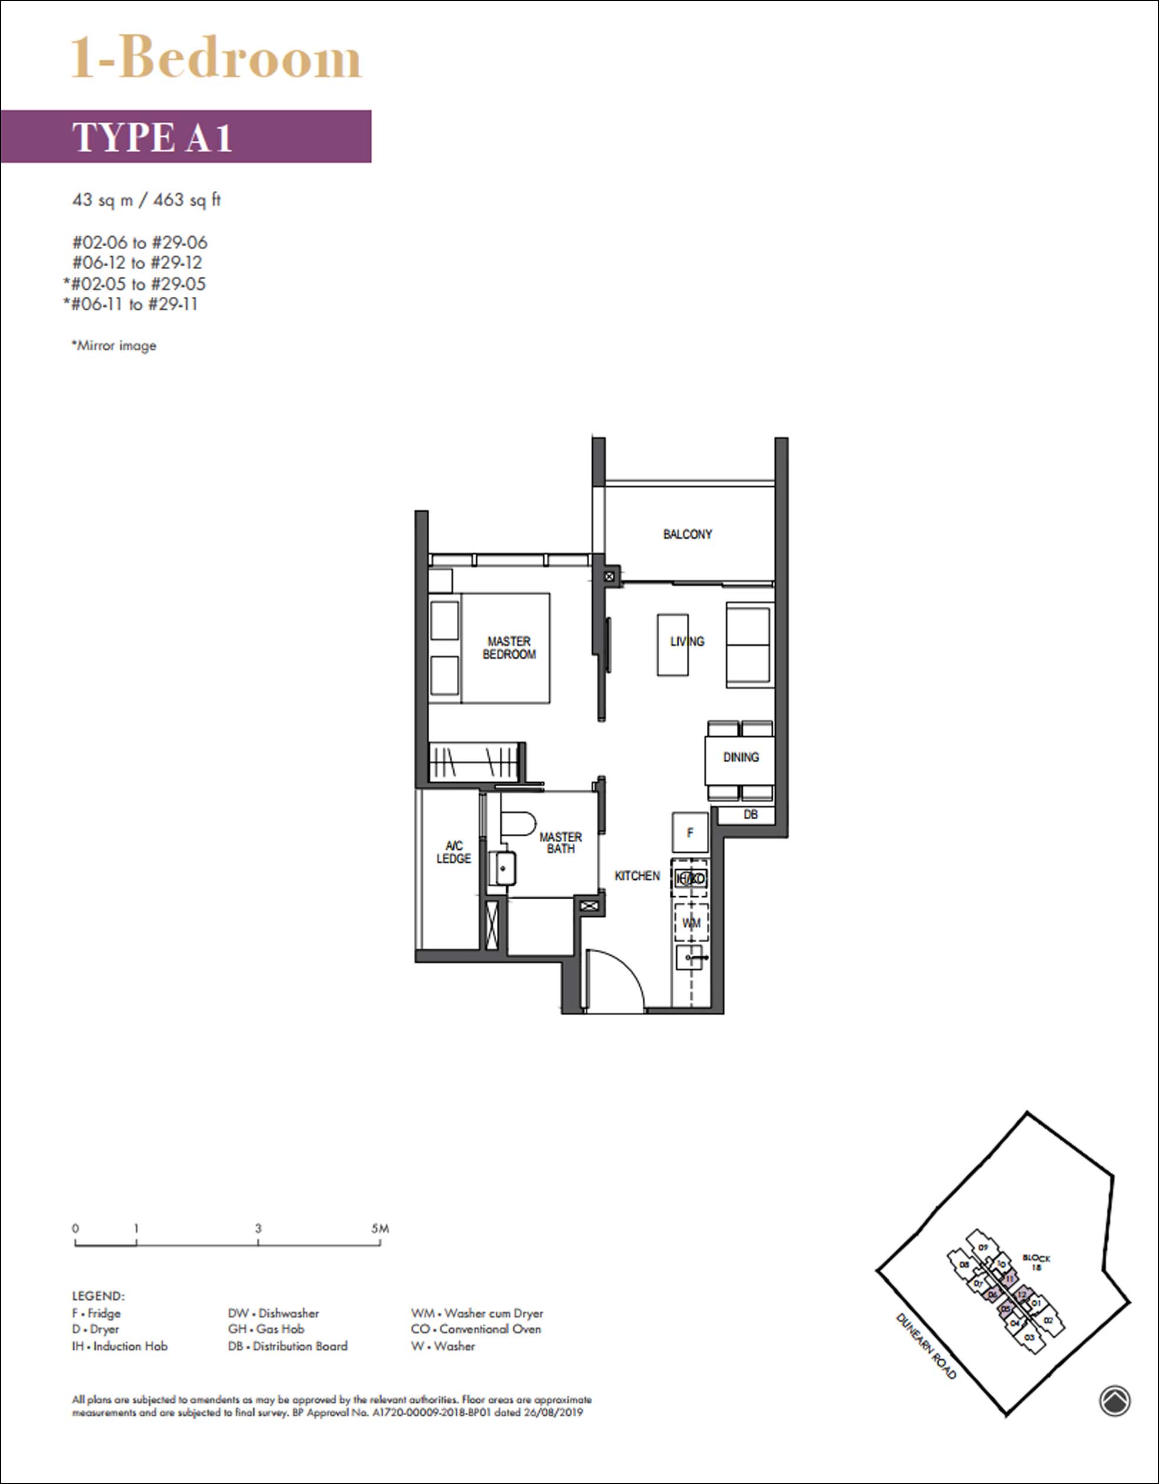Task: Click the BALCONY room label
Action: (688, 534)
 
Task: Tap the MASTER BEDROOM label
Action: (509, 648)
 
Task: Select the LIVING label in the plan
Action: (687, 641)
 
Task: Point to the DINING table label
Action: (740, 757)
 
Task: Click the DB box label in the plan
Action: (750, 814)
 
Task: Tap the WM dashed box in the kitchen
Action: (691, 923)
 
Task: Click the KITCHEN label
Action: (636, 876)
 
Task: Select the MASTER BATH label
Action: (560, 843)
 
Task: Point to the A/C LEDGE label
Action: (454, 852)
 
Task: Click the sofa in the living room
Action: (749, 644)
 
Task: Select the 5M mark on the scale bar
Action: (380, 1228)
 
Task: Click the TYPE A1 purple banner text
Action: (153, 137)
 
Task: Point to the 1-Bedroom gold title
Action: (217, 59)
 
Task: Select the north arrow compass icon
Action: (1115, 1401)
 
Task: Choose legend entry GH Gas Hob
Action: (266, 1329)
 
